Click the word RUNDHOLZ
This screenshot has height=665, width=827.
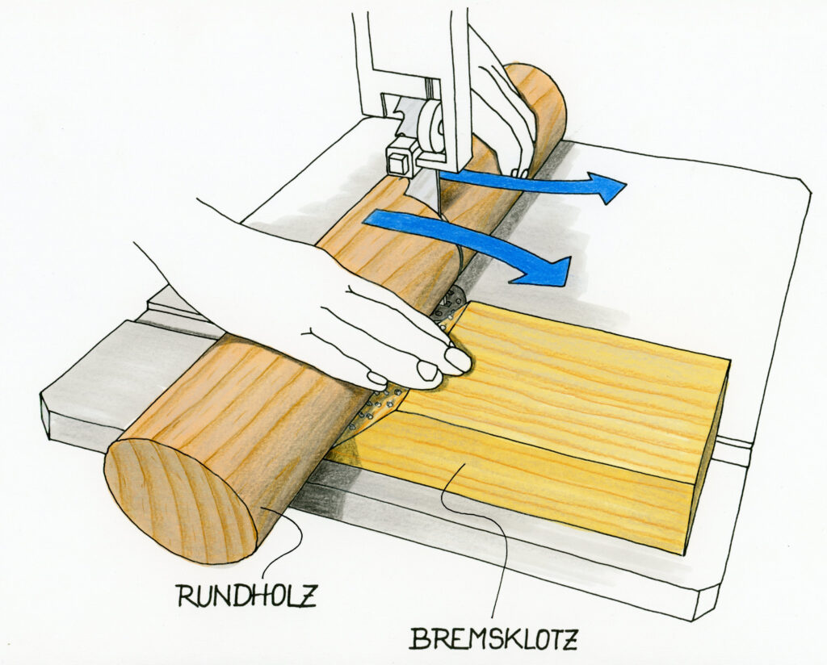(x=246, y=596)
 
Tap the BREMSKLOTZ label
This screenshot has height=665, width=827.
(x=493, y=638)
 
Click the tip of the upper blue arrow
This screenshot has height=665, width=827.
(x=626, y=185)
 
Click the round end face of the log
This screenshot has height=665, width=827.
(x=180, y=502)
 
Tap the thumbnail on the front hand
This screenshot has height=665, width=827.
(x=457, y=360)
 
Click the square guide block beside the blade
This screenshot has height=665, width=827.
(x=401, y=156)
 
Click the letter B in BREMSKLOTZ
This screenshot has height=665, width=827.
(x=419, y=638)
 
